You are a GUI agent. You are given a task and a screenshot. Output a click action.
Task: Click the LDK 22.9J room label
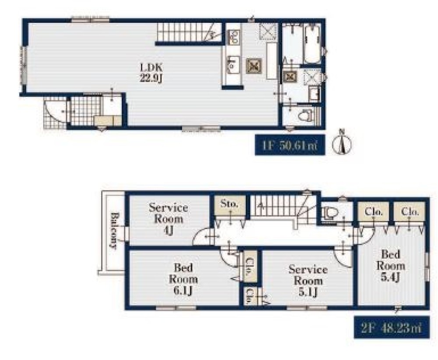pos(151,72)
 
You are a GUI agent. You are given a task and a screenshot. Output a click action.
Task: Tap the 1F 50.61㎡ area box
pos(290,145)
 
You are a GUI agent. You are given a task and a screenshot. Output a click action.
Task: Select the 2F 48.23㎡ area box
pos(392,327)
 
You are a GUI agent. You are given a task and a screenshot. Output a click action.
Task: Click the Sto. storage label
pos(230,203)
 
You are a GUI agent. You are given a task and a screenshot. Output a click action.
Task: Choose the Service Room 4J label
pos(168,219)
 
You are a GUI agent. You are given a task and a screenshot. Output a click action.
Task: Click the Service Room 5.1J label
pos(308,281)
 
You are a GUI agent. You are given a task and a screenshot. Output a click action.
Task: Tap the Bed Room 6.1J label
pos(183,279)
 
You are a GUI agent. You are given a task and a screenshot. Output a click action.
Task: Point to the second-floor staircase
pos(282,207)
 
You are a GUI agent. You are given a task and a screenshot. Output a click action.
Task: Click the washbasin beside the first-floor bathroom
pos(314,94)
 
